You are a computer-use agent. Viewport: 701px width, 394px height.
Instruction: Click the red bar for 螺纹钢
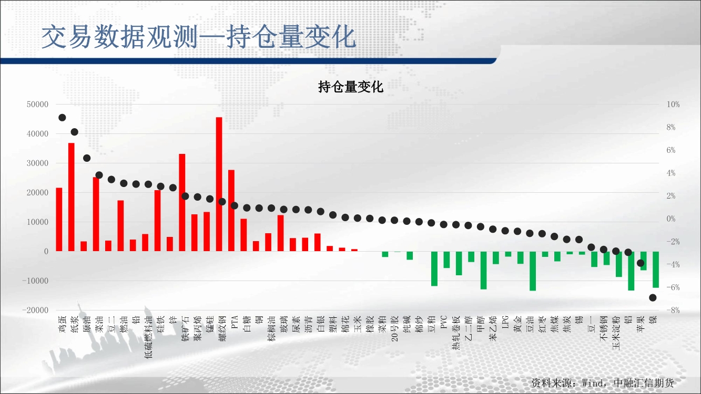(x=219, y=184)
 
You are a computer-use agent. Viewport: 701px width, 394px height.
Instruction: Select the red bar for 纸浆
(x=72, y=197)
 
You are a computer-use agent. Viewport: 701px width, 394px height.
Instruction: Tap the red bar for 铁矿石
(x=182, y=202)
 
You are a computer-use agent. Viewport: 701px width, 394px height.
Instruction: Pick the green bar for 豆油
(x=533, y=271)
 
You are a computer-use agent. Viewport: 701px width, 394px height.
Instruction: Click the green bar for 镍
(x=656, y=269)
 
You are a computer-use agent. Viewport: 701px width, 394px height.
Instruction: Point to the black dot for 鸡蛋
(x=62, y=118)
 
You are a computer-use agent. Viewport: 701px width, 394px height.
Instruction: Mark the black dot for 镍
(x=653, y=298)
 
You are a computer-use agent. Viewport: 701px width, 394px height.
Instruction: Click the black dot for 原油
(x=87, y=158)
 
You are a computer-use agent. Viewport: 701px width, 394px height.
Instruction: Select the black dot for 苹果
(x=641, y=263)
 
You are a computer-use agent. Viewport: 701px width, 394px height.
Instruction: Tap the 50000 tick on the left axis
(x=37, y=105)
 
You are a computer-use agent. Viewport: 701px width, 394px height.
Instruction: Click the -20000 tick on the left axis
(x=35, y=310)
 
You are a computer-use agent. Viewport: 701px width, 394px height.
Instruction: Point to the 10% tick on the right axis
(x=673, y=105)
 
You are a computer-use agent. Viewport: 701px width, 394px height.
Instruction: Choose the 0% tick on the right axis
(x=671, y=219)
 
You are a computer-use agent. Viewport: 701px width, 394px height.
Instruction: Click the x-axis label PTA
(x=235, y=322)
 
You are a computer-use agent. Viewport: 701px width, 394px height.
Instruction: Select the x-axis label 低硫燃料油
(x=149, y=337)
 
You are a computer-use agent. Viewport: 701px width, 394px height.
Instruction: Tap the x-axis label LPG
(x=505, y=322)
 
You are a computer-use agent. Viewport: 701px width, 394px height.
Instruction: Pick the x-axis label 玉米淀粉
(x=616, y=333)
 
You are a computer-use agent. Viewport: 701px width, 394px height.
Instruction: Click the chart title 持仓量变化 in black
(x=350, y=87)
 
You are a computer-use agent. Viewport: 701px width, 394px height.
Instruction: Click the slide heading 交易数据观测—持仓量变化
(x=199, y=37)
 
